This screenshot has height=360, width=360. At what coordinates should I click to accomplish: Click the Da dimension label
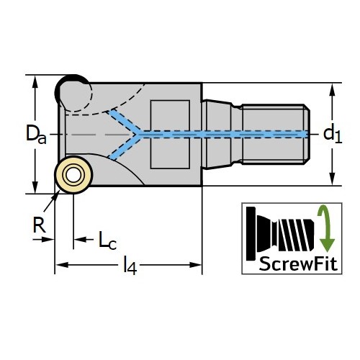(x=36, y=134)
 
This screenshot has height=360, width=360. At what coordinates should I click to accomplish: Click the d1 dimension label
(x=333, y=135)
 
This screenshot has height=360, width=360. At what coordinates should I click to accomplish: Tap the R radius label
(x=39, y=225)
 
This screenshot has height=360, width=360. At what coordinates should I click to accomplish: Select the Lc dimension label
(x=107, y=240)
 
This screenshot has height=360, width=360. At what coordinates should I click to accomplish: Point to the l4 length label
(x=130, y=266)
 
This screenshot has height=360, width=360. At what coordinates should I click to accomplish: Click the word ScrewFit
(x=298, y=264)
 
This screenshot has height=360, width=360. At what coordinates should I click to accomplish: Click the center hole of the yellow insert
(x=73, y=175)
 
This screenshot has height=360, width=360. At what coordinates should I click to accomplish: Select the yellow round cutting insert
(x=73, y=175)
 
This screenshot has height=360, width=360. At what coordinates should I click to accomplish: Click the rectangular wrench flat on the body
(x=170, y=135)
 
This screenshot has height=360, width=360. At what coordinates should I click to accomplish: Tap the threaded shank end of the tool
(x=276, y=135)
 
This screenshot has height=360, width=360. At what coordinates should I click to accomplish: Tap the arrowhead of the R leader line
(x=57, y=194)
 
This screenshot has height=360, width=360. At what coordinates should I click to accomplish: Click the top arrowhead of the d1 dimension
(x=332, y=90)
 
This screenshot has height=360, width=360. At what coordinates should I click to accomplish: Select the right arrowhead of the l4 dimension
(x=195, y=265)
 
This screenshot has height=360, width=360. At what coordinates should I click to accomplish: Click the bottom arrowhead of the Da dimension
(x=35, y=186)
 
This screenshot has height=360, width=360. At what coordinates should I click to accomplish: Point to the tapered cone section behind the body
(x=217, y=135)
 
